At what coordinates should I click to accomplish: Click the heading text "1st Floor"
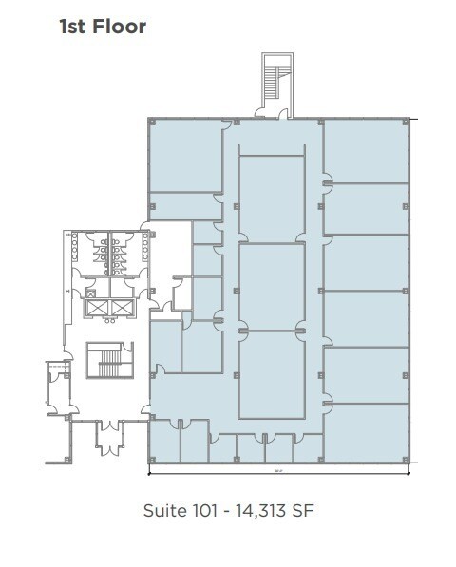[x=104, y=27]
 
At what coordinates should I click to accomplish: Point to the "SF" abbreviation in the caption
[x=302, y=511]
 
